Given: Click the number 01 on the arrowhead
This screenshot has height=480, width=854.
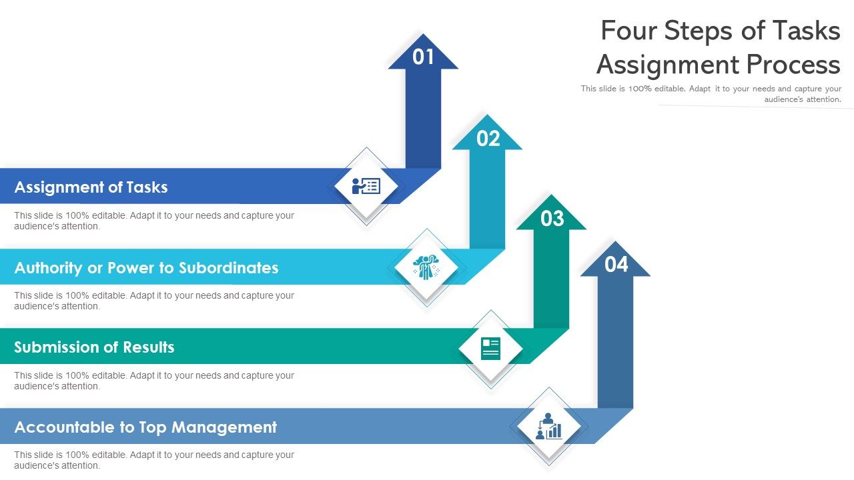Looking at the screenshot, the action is pos(423,57).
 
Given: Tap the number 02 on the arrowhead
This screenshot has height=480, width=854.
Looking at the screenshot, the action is pos(488,139).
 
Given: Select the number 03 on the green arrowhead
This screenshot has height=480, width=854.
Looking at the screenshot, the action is pos(552,219).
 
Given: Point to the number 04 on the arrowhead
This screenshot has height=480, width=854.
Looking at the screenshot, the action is pos(616,265).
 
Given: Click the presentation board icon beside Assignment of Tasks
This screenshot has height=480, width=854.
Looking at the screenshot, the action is pos(366,186).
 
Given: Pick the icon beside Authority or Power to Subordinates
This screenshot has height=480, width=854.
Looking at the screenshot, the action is pos(426,267).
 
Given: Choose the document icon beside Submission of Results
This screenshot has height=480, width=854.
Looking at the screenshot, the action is pos(490,348).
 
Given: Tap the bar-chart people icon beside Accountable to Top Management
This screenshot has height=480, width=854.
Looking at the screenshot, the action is pos(548,427).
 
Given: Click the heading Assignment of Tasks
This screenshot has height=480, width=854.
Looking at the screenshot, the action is pos(91,187).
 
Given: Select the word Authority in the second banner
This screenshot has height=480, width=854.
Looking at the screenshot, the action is pos(48,268).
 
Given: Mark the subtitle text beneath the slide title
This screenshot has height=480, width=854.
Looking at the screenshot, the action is pos(711,94).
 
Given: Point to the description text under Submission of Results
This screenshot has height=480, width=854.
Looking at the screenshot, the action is pos(154,381).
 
